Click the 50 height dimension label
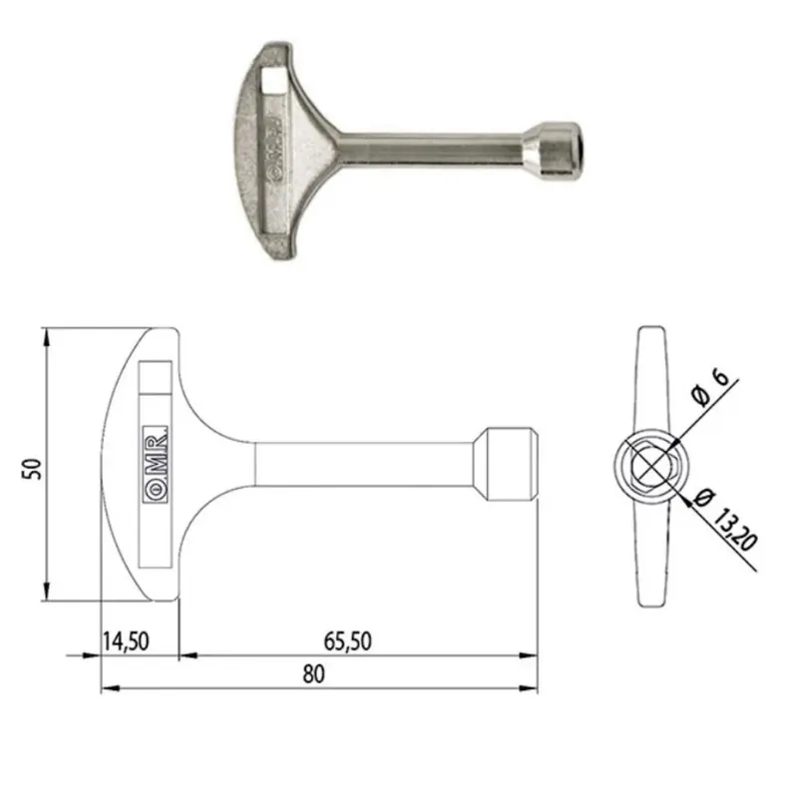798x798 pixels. [x=32, y=469]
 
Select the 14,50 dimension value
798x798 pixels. [x=126, y=641]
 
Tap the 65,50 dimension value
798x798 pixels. [x=347, y=641]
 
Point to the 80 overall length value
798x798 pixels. [x=313, y=674]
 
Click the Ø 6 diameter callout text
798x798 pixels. [x=709, y=387]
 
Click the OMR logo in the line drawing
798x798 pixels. [x=156, y=465]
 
